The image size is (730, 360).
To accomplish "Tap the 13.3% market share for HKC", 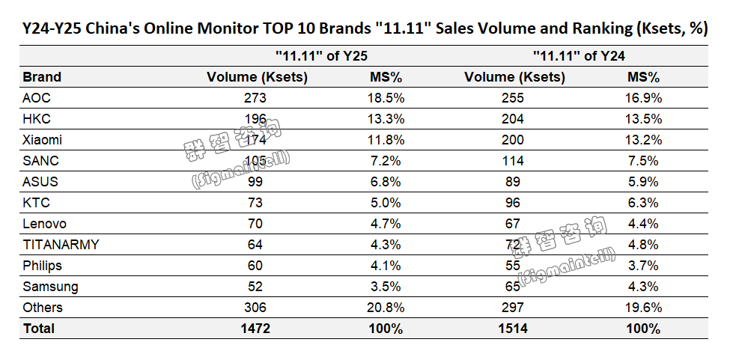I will (x=387, y=119).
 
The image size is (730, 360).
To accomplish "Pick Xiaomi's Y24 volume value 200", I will (x=514, y=140).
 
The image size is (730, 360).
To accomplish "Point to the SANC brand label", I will (x=40, y=161).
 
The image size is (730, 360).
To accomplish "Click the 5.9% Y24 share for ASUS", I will (x=643, y=182).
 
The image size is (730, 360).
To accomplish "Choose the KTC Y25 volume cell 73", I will (x=257, y=203).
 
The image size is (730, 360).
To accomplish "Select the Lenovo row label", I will (x=44, y=224).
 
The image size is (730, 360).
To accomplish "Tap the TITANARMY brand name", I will (x=61, y=245).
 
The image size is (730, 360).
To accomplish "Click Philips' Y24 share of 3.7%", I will (x=643, y=266).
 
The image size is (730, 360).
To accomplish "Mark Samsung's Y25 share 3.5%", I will (x=387, y=287).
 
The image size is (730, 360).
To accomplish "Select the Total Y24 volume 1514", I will (x=514, y=329).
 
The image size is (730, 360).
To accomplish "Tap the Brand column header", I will (x=42, y=77).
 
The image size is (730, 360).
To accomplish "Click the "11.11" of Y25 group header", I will (x=321, y=55).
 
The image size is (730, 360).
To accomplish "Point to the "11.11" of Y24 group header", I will (x=579, y=55).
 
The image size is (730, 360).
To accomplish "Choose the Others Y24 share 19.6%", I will (x=643, y=308).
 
